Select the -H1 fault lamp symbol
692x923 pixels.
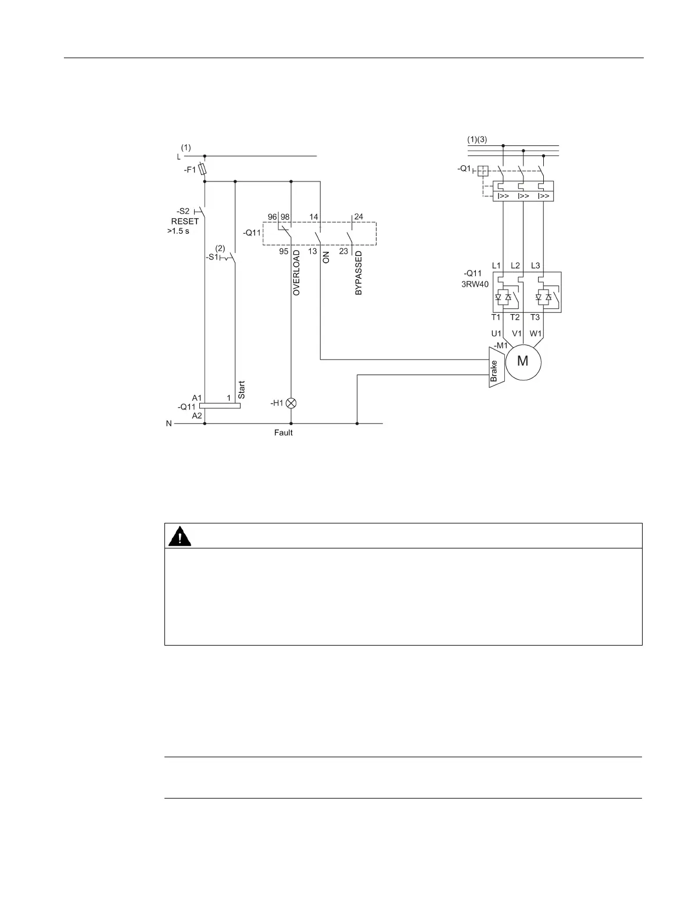(x=292, y=403)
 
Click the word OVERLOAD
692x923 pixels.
(x=296, y=273)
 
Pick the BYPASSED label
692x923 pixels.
(x=358, y=273)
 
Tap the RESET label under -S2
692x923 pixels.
(x=185, y=221)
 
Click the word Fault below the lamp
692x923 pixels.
(x=284, y=433)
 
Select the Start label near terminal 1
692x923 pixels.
(x=242, y=390)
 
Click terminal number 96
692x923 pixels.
(x=272, y=217)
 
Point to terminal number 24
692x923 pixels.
(x=358, y=217)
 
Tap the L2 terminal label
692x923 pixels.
(x=515, y=266)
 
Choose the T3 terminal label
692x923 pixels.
(x=535, y=317)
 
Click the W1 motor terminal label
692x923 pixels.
(x=535, y=334)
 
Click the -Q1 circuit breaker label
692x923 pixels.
(x=465, y=169)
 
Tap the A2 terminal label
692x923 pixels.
(x=197, y=416)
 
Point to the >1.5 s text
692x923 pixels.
(x=178, y=231)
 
